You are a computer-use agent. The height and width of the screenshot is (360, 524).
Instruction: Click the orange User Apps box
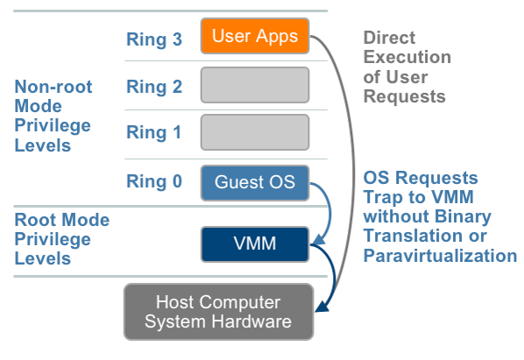coord(255,37)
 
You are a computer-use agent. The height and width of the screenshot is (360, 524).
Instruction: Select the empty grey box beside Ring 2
coord(255,85)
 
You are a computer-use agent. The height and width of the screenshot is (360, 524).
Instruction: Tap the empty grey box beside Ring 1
coord(255,132)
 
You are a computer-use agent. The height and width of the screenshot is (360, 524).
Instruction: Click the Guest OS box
coord(255,182)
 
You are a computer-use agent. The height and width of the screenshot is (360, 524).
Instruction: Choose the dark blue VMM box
coord(255,244)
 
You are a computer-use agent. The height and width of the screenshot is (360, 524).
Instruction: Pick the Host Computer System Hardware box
coord(218,312)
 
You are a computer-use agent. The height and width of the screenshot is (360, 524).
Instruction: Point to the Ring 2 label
coord(154,86)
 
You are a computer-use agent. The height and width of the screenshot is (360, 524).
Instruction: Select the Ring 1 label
coord(154,133)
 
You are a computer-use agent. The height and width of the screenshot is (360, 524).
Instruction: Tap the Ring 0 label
coord(154,182)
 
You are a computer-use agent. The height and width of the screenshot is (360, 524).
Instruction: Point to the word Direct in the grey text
coord(389,39)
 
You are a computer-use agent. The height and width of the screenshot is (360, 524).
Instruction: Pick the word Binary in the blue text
coord(464,216)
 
